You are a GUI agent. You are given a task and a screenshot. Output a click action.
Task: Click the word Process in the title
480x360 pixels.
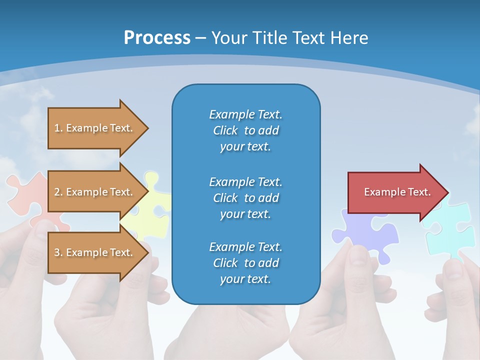pos(157,37)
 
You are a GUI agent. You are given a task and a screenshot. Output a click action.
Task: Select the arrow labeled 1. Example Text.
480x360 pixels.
pos(98,128)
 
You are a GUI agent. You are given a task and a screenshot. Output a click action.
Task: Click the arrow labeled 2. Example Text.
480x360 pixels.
pos(98,191)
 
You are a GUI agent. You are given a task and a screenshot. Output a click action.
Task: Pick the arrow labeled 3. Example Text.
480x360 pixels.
pos(98,252)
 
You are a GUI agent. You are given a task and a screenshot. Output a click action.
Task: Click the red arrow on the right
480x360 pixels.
pos(398,192)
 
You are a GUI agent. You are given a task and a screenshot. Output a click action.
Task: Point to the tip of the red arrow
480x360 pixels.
pos(449,192)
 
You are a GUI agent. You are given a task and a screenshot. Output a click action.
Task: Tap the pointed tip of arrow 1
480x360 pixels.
pos(148,128)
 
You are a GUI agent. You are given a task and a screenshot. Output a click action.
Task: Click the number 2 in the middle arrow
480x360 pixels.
pos(57,192)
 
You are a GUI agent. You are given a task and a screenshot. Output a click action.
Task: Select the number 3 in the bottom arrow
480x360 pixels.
pos(57,252)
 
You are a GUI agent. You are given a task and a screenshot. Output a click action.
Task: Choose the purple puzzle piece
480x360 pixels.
pos(367,232)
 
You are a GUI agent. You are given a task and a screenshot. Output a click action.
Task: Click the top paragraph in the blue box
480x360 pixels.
pos(245,130)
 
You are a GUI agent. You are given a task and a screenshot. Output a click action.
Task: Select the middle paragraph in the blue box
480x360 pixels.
pos(245,198)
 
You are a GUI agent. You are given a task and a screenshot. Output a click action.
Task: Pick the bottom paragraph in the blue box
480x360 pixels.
pos(245,263)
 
